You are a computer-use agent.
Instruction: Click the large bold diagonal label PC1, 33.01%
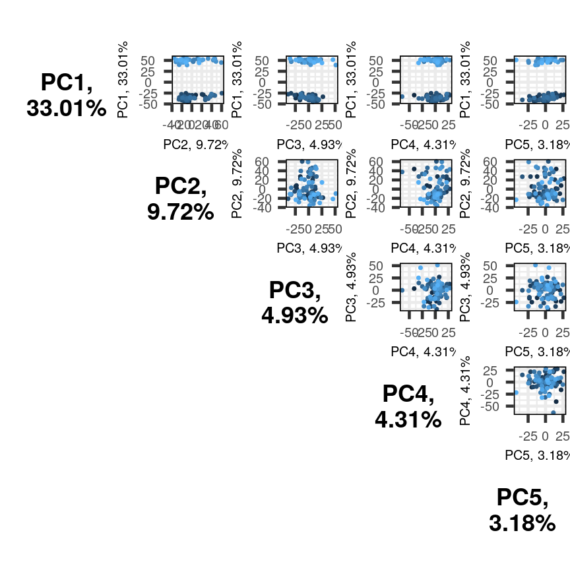66,95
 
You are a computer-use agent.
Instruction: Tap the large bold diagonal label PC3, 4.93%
294,302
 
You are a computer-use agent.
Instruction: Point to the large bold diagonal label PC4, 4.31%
408,406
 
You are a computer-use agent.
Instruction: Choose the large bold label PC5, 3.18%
522,509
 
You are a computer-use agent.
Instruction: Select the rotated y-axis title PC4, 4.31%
466,391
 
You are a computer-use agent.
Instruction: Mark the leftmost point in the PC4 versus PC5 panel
516,393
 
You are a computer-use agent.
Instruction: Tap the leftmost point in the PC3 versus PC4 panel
402,272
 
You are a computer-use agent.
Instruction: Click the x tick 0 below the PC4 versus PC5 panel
545,436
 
